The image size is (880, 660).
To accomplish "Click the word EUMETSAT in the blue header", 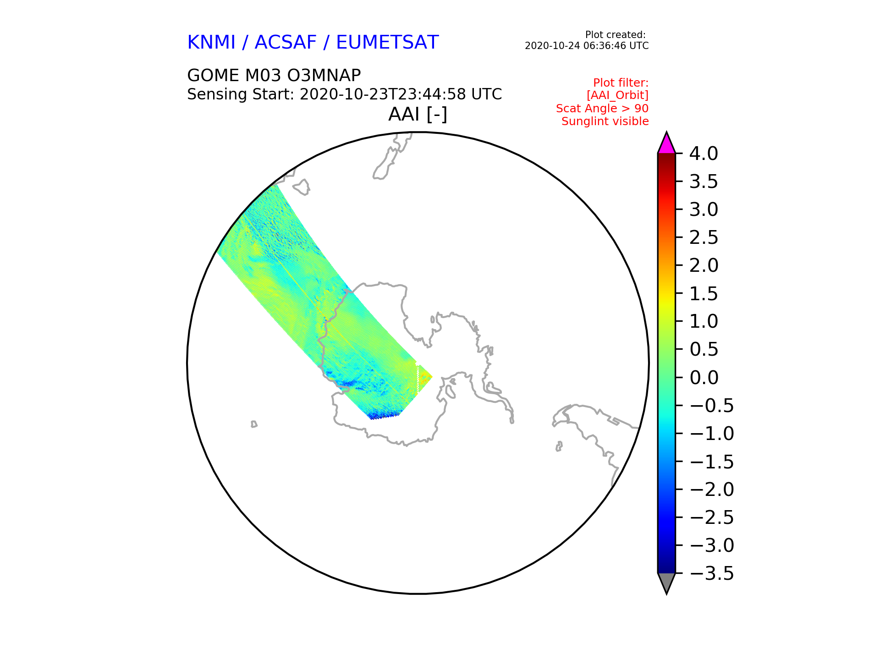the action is point(387,42).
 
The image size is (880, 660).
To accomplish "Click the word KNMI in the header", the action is point(211,42).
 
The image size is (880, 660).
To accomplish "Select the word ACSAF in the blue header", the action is point(286,42).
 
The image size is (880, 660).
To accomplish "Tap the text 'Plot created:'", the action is point(616,35).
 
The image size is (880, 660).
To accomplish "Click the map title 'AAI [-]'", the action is point(418,114).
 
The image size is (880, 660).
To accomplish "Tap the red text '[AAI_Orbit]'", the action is point(617,95).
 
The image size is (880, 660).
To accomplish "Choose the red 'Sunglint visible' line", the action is point(605,121).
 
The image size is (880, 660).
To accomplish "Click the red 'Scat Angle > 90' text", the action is point(602,109).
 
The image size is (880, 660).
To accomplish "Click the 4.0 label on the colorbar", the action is point(704,154).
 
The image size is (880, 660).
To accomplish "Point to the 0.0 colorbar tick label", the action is point(704,378).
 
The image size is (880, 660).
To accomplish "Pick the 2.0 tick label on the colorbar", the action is point(704,265).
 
